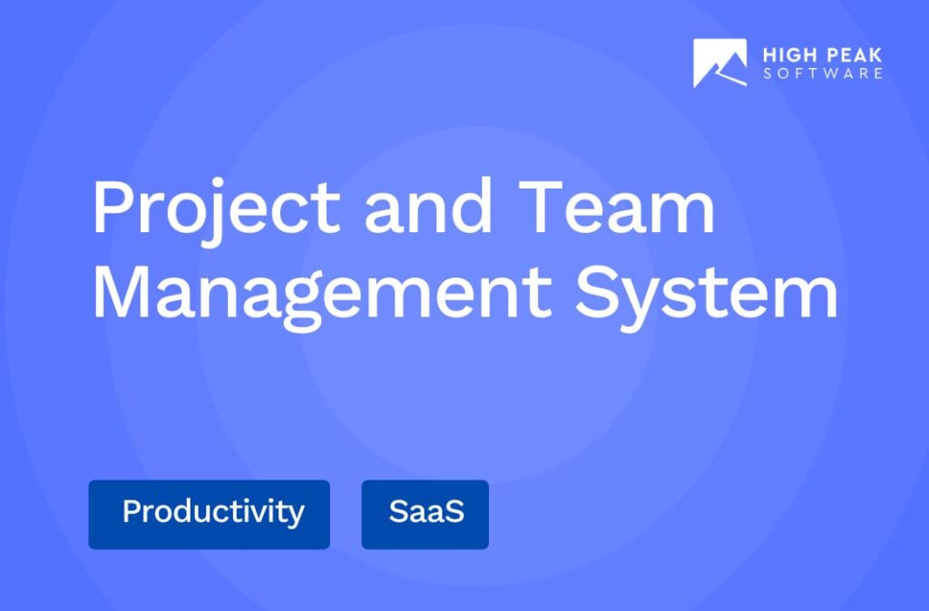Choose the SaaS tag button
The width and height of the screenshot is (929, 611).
tap(425, 514)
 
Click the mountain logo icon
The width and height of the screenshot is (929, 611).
tap(719, 63)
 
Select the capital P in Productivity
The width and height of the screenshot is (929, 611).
tap(131, 512)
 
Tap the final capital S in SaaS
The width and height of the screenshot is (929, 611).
tap(455, 512)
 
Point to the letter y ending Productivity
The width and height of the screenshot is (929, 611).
tap(296, 517)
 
